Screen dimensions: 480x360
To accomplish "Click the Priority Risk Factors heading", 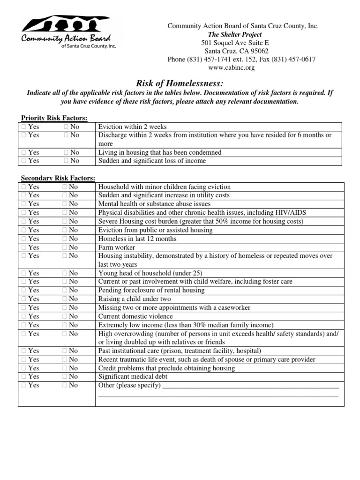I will point(54,118).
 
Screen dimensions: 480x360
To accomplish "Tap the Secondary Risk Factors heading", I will point(58,178).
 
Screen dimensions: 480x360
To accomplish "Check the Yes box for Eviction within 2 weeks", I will point(23,127).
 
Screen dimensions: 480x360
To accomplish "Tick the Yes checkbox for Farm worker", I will point(23,247).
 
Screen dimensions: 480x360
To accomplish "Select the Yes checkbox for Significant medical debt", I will point(23,376).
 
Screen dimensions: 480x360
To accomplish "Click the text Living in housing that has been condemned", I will point(159,152).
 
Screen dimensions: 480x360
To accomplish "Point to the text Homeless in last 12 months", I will point(137,239).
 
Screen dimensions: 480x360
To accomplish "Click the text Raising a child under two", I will point(135,299).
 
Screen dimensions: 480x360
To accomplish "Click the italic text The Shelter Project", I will point(241,35).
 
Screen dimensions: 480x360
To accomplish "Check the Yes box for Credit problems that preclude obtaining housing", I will point(23,368).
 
